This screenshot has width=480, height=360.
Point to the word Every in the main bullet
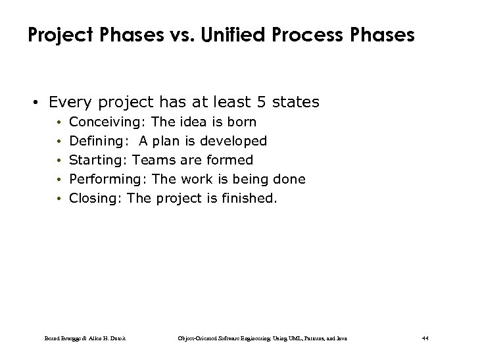coord(70,102)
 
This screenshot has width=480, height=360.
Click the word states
coord(295,102)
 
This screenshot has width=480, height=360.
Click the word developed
coord(234,141)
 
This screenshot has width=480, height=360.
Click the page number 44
coord(424,338)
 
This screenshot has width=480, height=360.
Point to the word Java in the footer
coord(341,338)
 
